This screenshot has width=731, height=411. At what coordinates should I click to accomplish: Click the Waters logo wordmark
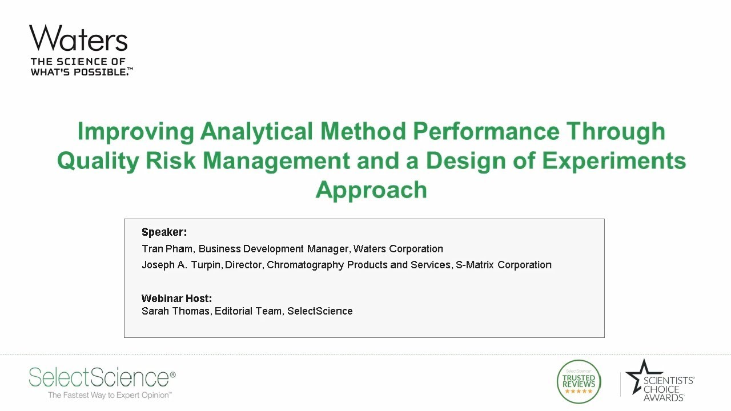(x=78, y=39)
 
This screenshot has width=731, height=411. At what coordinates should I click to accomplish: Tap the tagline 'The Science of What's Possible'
(x=81, y=67)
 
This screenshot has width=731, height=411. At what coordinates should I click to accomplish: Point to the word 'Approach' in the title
(x=371, y=190)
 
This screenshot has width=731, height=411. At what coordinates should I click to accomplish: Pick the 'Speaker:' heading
(x=164, y=232)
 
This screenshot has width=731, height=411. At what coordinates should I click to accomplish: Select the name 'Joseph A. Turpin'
(x=182, y=265)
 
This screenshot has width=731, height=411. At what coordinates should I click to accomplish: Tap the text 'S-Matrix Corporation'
(x=503, y=265)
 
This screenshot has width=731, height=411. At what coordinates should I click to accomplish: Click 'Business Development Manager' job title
(x=273, y=249)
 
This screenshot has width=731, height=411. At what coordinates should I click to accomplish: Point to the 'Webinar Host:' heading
(x=176, y=299)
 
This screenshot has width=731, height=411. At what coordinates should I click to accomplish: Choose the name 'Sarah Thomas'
(x=175, y=311)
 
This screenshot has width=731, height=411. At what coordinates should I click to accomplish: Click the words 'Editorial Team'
(x=248, y=311)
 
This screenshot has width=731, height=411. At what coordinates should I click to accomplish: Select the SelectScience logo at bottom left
(x=102, y=377)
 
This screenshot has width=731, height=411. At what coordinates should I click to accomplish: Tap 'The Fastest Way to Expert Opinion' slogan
(x=110, y=395)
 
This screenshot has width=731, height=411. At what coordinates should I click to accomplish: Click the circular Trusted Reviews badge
(x=579, y=381)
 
